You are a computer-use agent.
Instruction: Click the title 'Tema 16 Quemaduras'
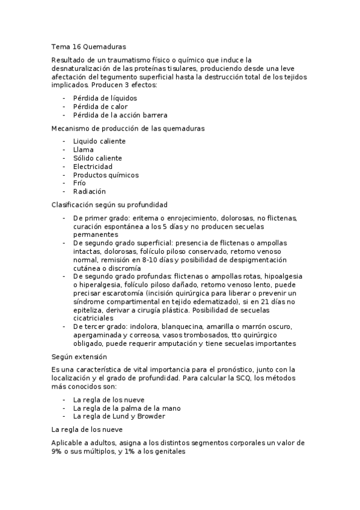pyautogui.click(x=88, y=45)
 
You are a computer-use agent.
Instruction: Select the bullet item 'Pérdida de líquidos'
pyautogui.click(x=105, y=97)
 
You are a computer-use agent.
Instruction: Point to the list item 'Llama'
pyautogui.click(x=83, y=149)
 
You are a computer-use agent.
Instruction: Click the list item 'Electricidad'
pyautogui.click(x=93, y=167)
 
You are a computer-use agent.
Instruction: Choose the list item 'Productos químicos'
pyautogui.click(x=106, y=175)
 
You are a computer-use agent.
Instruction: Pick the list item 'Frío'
pyautogui.click(x=79, y=183)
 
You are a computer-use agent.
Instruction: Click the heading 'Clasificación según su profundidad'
pyautogui.click(x=109, y=205)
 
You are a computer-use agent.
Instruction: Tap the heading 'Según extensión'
pyautogui.click(x=79, y=357)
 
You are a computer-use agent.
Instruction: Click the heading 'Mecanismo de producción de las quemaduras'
pyautogui.click(x=127, y=128)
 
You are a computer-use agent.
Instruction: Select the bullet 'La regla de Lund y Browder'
pyautogui.click(x=118, y=416)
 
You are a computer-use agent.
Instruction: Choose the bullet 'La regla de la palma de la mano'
pyautogui.click(x=127, y=408)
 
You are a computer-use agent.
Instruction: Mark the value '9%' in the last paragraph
pyautogui.click(x=58, y=452)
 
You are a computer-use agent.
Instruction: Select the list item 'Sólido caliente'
pyautogui.click(x=97, y=158)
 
